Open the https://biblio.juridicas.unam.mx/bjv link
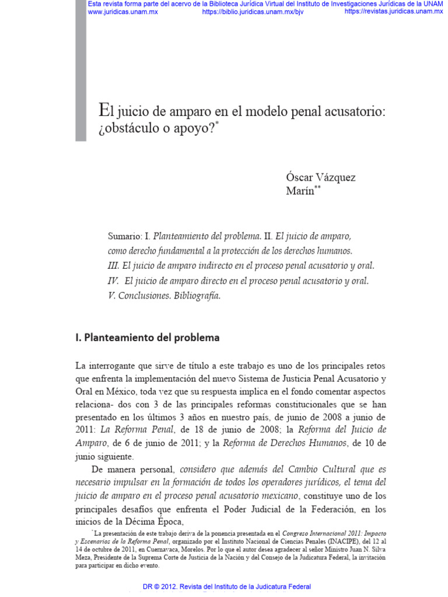[x=253, y=11]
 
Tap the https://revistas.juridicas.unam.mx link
[x=393, y=11]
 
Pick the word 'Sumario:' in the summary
[x=125, y=237]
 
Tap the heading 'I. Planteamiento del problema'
[x=148, y=337]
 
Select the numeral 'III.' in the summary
[x=114, y=266]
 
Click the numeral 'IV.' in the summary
[x=114, y=280]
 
